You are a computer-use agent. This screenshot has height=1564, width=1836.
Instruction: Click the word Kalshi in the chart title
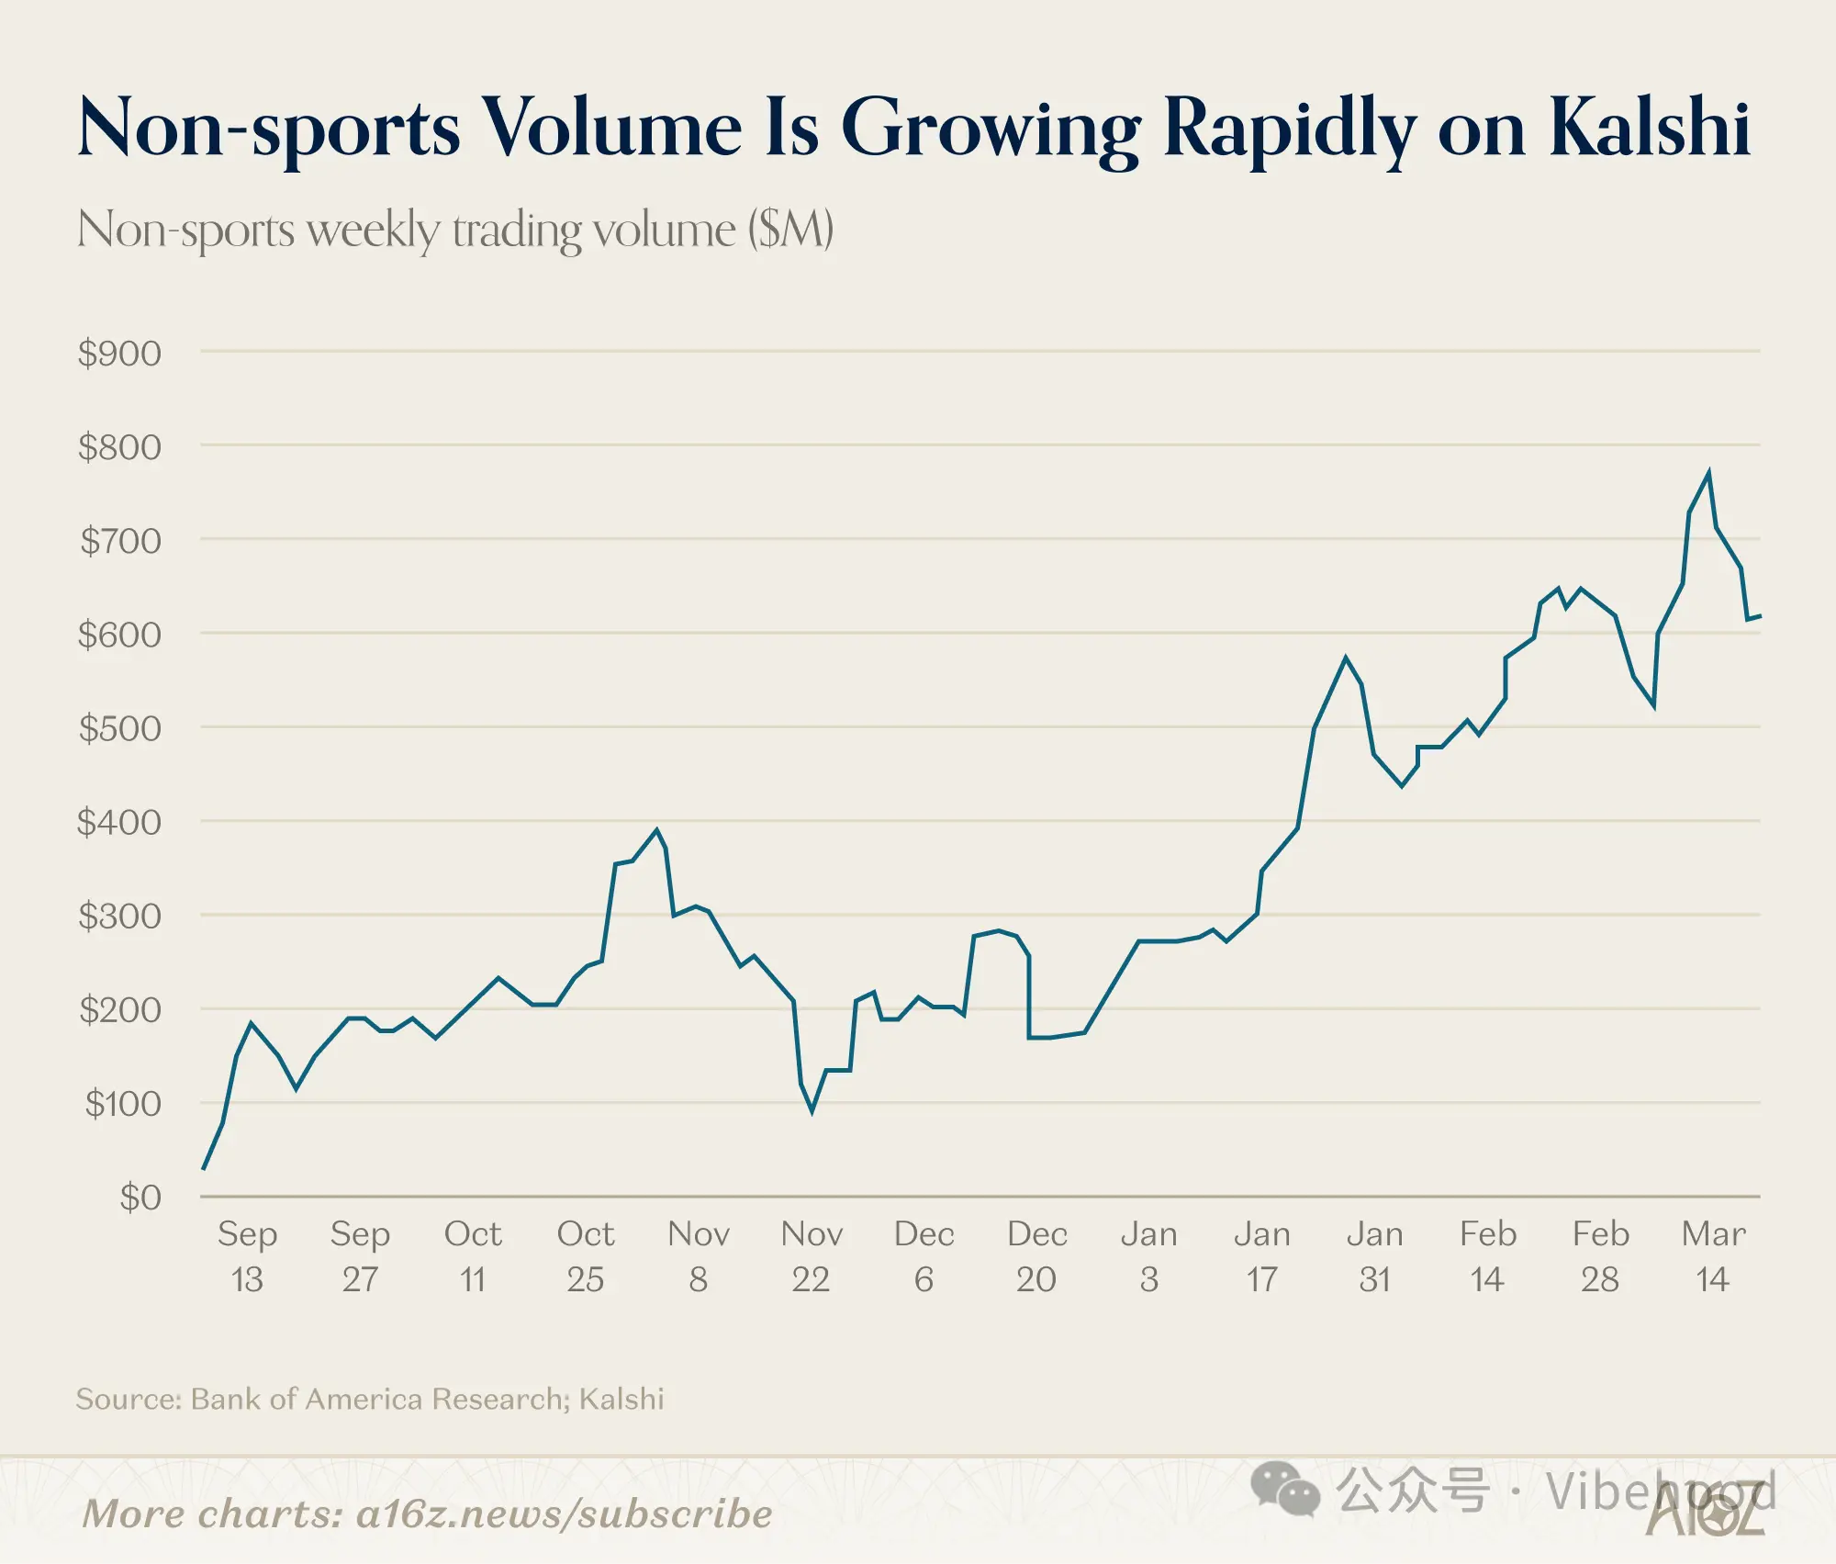[x=1650, y=128]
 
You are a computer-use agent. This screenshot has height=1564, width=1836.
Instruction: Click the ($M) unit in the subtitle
[x=790, y=230]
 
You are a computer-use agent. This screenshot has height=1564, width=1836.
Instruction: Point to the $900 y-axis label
[x=119, y=354]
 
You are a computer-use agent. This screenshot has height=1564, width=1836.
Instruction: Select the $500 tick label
[x=119, y=728]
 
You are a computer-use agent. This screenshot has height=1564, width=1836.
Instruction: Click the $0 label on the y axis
[x=140, y=1198]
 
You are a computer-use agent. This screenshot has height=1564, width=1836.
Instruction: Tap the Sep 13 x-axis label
[x=247, y=1255]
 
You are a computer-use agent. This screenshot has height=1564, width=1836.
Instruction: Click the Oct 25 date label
[x=586, y=1255]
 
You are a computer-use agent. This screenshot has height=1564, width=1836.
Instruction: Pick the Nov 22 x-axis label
[x=812, y=1255]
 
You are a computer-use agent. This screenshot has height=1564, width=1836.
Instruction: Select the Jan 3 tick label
[x=1148, y=1255]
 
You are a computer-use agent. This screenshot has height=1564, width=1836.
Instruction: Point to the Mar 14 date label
[x=1713, y=1255]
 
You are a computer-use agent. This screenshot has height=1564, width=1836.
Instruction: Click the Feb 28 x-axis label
[x=1600, y=1255]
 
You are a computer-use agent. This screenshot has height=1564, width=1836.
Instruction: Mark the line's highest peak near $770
[x=1708, y=473]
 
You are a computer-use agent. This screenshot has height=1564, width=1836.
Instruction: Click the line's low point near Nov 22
[x=812, y=1111]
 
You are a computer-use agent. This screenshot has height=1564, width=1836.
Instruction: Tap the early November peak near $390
[x=656, y=830]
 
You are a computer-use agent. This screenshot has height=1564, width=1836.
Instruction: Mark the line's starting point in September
[x=203, y=1168]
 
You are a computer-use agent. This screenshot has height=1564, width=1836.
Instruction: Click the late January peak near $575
[x=1346, y=658]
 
